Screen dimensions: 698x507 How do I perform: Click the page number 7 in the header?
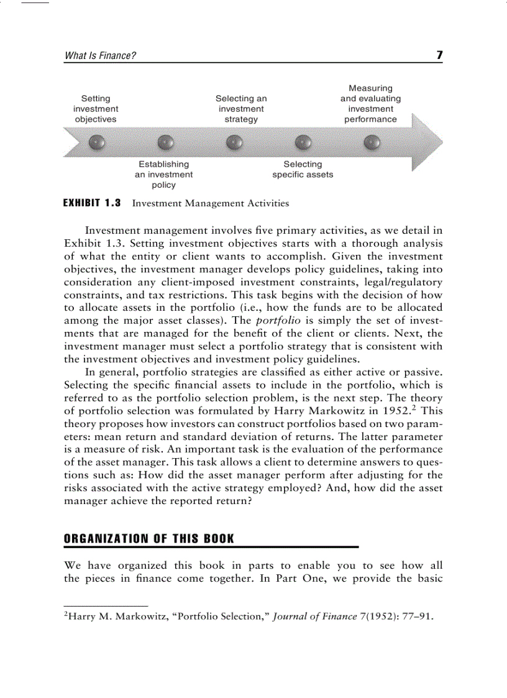click(439, 55)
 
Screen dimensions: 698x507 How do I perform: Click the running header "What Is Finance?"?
click(100, 56)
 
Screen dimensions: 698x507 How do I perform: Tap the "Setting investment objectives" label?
click(96, 109)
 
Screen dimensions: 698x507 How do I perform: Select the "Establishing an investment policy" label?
click(164, 175)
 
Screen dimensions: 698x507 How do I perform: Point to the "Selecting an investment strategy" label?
click(241, 109)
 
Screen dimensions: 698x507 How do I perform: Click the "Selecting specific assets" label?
click(303, 170)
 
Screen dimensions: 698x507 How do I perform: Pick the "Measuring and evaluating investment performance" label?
click(370, 104)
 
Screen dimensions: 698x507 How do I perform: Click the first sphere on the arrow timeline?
click(96, 142)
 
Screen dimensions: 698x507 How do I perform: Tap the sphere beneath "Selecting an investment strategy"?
click(234, 142)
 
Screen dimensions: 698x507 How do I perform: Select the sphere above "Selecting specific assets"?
click(303, 142)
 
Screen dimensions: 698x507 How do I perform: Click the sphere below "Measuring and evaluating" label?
click(372, 142)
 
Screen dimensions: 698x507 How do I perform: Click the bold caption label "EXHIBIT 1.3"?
click(93, 203)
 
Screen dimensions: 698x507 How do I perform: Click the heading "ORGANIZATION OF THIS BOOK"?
click(149, 539)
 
